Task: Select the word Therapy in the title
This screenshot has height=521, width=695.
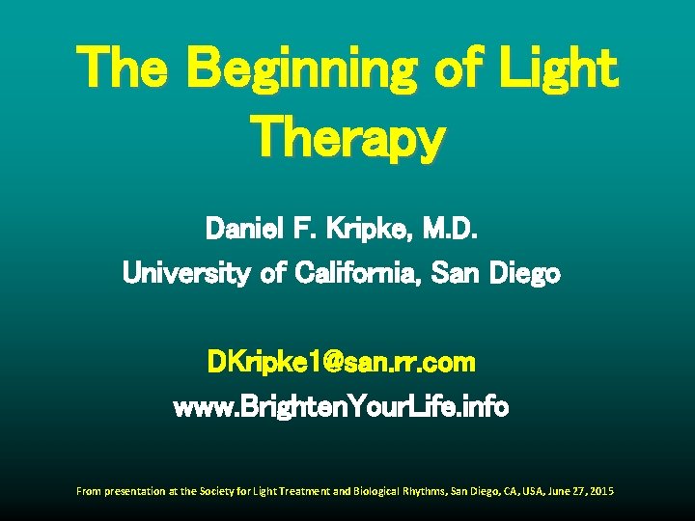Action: (x=347, y=139)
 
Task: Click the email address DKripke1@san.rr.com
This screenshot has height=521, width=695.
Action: (x=342, y=363)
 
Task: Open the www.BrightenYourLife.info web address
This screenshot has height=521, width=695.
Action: (x=341, y=407)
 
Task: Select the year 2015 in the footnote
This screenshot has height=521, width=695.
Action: (x=599, y=492)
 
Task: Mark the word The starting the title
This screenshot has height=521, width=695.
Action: (x=124, y=69)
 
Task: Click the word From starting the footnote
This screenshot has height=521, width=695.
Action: (x=88, y=492)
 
